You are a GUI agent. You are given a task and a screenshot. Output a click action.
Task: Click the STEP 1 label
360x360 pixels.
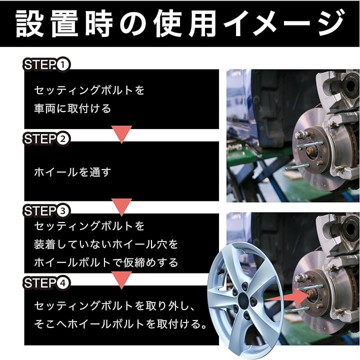coord(46,64)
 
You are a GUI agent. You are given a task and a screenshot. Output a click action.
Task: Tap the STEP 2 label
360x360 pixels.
coord(46,138)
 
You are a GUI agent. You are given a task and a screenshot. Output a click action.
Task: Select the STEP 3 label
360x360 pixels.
coord(46,211)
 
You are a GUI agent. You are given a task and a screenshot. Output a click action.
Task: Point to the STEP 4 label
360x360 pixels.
coord(46,283)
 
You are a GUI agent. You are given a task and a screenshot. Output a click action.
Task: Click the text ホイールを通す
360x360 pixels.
coord(72,172)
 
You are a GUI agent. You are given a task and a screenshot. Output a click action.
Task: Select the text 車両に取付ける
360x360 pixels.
coord(72,108)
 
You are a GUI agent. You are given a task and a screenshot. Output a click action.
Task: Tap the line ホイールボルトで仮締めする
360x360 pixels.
coord(106,262)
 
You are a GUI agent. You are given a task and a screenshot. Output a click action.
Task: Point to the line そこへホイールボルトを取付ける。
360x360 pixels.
coord(120,324)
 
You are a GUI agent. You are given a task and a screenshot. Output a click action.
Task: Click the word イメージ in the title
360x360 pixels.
coord(284,23)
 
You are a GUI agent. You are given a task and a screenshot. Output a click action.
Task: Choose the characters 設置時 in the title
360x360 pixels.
coord(64,23)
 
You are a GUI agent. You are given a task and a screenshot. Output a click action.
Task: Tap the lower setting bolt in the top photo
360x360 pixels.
coord(294,166)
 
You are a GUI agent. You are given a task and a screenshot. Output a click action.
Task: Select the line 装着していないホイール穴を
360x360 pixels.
coord(106,244)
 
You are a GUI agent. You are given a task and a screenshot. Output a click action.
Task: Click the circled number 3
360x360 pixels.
coord(62,211)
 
